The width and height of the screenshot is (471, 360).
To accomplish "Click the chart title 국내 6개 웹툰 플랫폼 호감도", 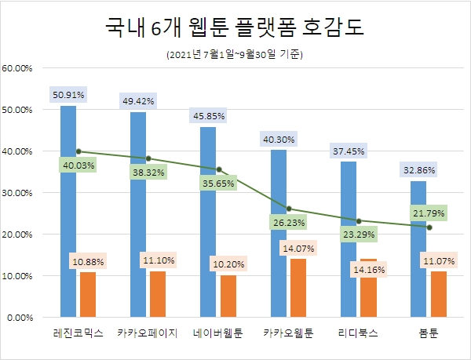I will [x=235, y=29].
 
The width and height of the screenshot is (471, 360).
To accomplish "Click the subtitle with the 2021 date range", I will [x=235, y=55].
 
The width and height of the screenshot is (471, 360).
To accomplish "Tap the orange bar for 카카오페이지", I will [x=158, y=294].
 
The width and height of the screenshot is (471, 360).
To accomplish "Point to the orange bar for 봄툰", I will [x=438, y=294].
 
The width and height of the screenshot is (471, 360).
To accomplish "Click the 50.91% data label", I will [x=68, y=95].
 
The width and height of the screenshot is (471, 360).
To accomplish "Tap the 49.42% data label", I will [x=138, y=101].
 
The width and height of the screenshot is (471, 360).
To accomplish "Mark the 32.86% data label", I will [x=418, y=169].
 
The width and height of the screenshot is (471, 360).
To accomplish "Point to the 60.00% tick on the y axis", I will [x=17, y=67].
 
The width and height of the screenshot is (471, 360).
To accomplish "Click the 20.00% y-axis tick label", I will [x=17, y=234].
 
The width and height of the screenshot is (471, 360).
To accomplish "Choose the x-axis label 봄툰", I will [x=429, y=333].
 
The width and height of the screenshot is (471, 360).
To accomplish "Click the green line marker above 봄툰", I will [x=429, y=227].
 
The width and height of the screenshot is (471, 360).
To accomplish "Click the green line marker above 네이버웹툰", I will [x=218, y=169].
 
